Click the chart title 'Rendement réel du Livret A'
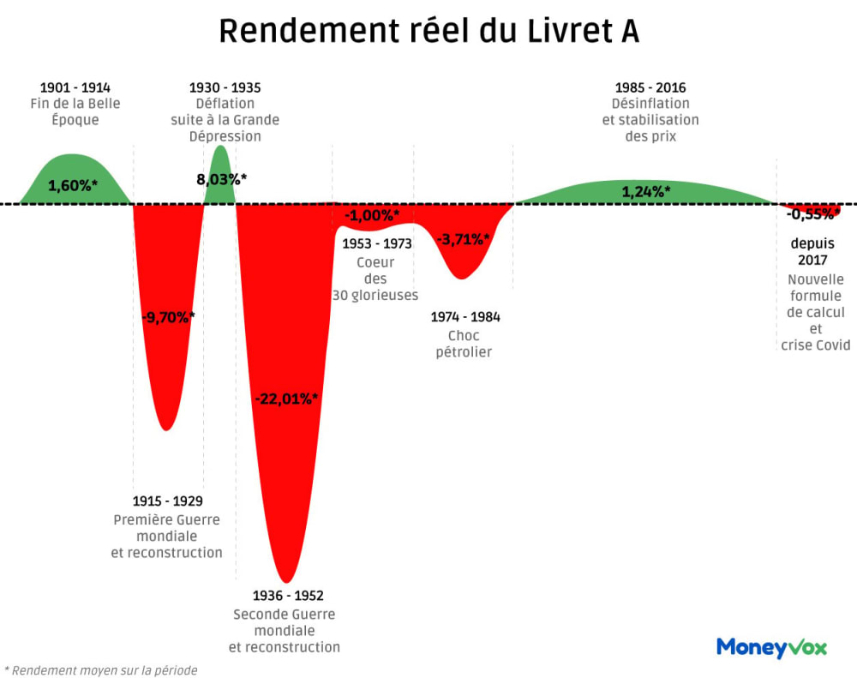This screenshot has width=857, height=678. tap(428, 32)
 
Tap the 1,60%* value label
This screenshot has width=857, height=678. tap(72, 185)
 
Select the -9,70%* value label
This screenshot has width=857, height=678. tap(168, 317)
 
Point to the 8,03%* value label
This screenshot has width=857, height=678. tap(221, 179)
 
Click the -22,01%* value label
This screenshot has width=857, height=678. tap(286, 399)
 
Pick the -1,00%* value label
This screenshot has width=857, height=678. tap(372, 215)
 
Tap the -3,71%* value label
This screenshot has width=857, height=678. tap(463, 240)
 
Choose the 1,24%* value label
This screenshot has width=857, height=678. tap(645, 192)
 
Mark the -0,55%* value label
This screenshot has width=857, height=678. tap(812, 214)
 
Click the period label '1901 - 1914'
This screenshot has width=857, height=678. tap(75, 87)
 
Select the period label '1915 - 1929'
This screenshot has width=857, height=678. tap(168, 501)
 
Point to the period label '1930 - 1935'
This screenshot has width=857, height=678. tap(225, 87)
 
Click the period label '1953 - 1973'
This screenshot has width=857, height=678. tap(376, 243)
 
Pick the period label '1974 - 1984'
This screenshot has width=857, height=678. tap(464, 317)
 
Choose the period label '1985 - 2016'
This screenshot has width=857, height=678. tap(650, 87)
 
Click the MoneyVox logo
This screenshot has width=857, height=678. tap(771, 647)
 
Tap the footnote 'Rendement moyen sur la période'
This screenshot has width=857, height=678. tap(103, 670)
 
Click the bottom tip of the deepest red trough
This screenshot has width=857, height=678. tap(288, 582)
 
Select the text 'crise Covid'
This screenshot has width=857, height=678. tap(816, 345)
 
